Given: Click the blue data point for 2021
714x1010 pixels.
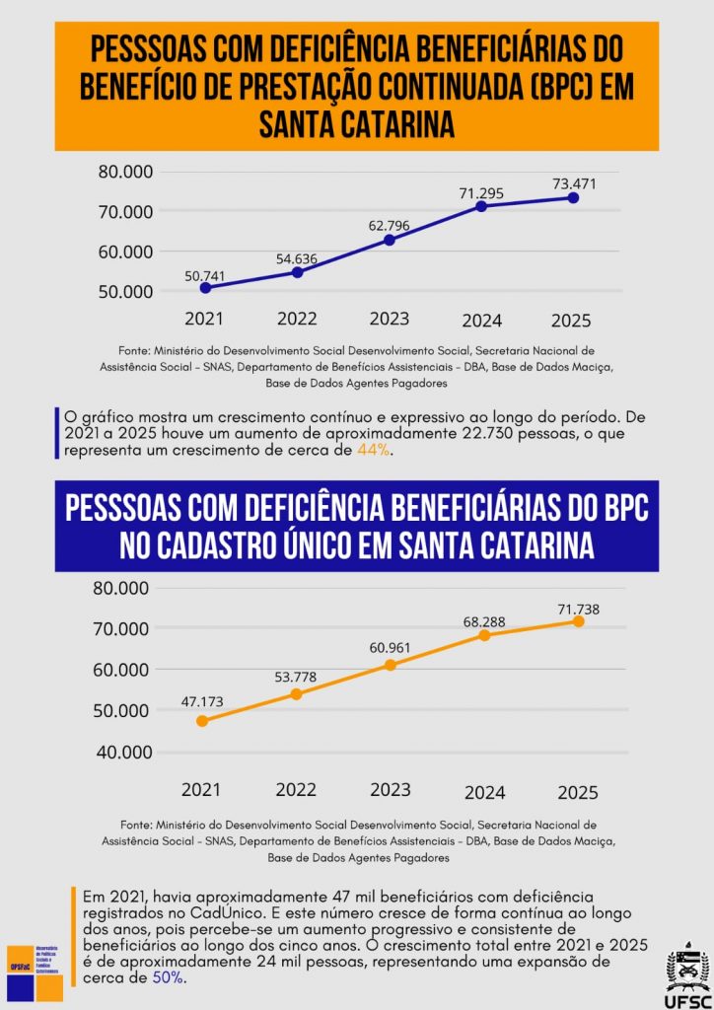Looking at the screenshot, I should coord(205,288).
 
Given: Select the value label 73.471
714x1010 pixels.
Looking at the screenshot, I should coord(573,183).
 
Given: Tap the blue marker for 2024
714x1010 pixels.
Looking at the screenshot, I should coord(481,206).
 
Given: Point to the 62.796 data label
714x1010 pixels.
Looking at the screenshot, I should coord(389,226).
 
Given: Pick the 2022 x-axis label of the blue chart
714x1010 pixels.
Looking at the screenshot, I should coord(297,320).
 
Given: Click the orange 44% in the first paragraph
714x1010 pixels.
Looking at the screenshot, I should coord(375,451).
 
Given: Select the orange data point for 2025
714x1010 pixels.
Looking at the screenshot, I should coord(578,621).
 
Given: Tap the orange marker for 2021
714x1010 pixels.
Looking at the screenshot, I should coord(202,721).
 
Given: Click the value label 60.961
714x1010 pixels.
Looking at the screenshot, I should coord(391,648).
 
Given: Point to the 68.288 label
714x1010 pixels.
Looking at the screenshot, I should coord(484,622).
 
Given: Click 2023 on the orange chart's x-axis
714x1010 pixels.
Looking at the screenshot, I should coord(390,790).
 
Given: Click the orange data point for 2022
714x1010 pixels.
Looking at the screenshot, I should coord(296,694).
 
